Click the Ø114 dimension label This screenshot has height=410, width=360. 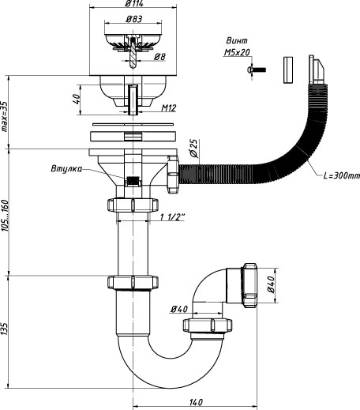point(134,4)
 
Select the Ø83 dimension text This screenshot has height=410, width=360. point(134,19)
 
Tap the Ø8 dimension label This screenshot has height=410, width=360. point(159,57)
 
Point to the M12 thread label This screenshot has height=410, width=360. point(169,108)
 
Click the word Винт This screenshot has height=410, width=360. point(237,41)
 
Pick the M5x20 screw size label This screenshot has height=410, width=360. point(237,52)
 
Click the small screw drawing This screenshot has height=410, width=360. point(257,70)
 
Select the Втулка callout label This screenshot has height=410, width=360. point(66,168)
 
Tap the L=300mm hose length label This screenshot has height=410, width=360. point(341,175)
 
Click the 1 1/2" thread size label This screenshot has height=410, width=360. point(173,217)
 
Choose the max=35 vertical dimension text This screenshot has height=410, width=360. point(5,116)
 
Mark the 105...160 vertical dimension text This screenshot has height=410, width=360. point(5,216)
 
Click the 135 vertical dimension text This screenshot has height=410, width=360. point(5,329)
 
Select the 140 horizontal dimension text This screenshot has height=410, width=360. point(196,402)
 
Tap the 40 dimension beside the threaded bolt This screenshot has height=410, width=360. point(76,99)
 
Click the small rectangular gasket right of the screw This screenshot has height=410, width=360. point(288,70)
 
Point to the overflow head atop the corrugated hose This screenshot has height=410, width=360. point(317,70)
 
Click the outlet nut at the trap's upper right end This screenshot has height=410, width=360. point(249,285)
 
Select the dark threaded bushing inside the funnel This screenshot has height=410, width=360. point(133,181)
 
